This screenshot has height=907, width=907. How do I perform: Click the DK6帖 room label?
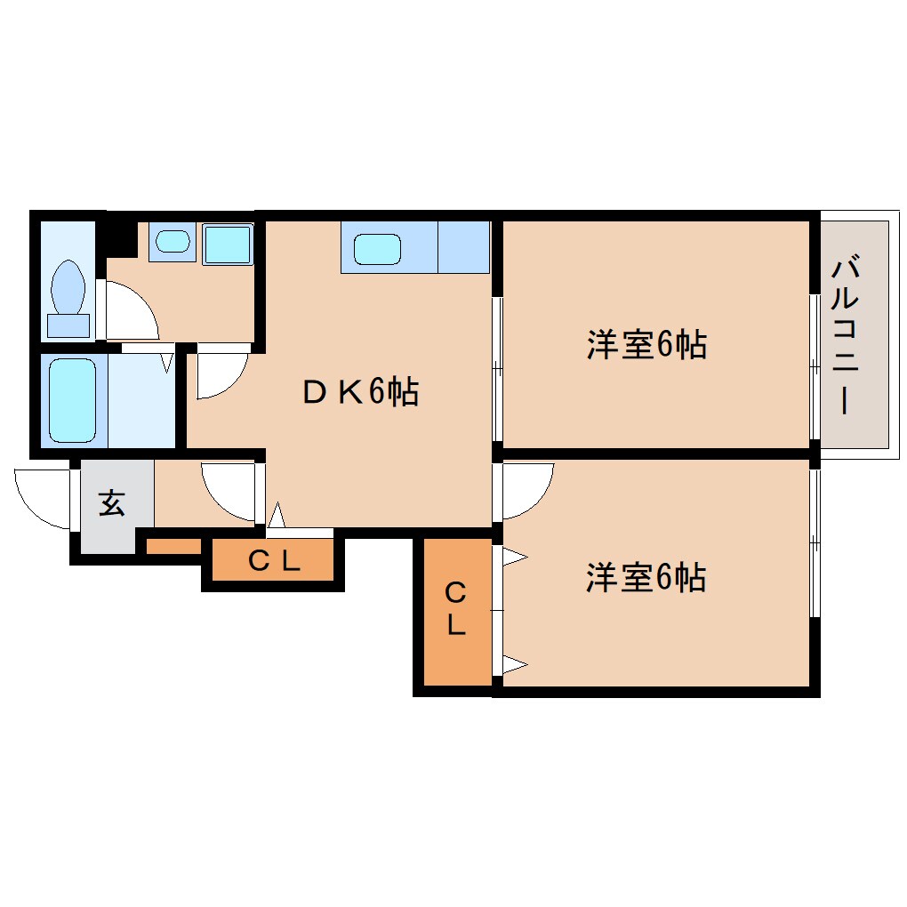(360, 391)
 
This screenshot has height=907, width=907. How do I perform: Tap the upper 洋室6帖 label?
(646, 344)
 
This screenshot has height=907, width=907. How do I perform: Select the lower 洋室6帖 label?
(646, 577)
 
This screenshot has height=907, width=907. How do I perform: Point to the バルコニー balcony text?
(845, 335)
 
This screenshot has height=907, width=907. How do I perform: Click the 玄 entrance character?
(112, 502)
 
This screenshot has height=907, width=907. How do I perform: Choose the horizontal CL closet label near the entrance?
(274, 560)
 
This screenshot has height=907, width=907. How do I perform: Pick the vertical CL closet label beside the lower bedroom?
(456, 609)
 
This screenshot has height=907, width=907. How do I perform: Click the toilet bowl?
(68, 287)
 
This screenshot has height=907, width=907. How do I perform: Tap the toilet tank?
(68, 325)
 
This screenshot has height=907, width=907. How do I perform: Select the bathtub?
(73, 400)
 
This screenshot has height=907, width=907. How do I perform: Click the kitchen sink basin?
(377, 249)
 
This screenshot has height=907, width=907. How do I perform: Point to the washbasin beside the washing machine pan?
(173, 241)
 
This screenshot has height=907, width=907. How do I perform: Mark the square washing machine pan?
(228, 244)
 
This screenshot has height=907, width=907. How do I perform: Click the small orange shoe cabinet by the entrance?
(173, 545)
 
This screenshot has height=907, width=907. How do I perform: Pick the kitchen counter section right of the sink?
(464, 247)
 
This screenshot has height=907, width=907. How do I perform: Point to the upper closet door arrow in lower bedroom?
(515, 558)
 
